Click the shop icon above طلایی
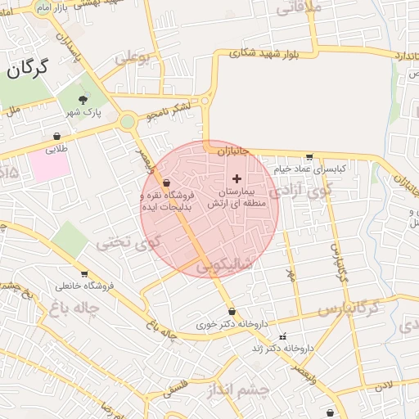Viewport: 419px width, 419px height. (x=56, y=137)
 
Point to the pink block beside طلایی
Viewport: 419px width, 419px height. (x=50, y=167)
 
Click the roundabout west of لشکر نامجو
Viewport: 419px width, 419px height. (x=127, y=123)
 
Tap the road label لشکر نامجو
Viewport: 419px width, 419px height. (x=168, y=112)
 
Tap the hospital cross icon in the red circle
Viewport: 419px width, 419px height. (x=237, y=178)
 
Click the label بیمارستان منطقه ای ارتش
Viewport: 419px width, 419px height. (x=238, y=197)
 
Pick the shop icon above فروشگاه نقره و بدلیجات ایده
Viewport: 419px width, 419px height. (x=167, y=182)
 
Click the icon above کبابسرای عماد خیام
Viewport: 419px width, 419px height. (x=309, y=156)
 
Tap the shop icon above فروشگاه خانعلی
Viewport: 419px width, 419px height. (x=84, y=274)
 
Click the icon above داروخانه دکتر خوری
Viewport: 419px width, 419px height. (x=232, y=311)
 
